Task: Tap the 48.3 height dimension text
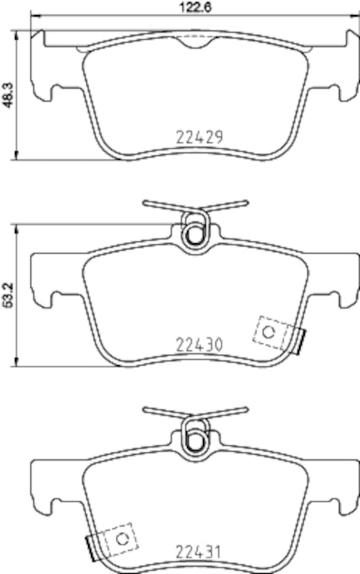pos(7,95)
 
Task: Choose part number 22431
pos(200,552)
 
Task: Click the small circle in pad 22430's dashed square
pos(270,331)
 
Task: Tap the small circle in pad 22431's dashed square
pos(122,539)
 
